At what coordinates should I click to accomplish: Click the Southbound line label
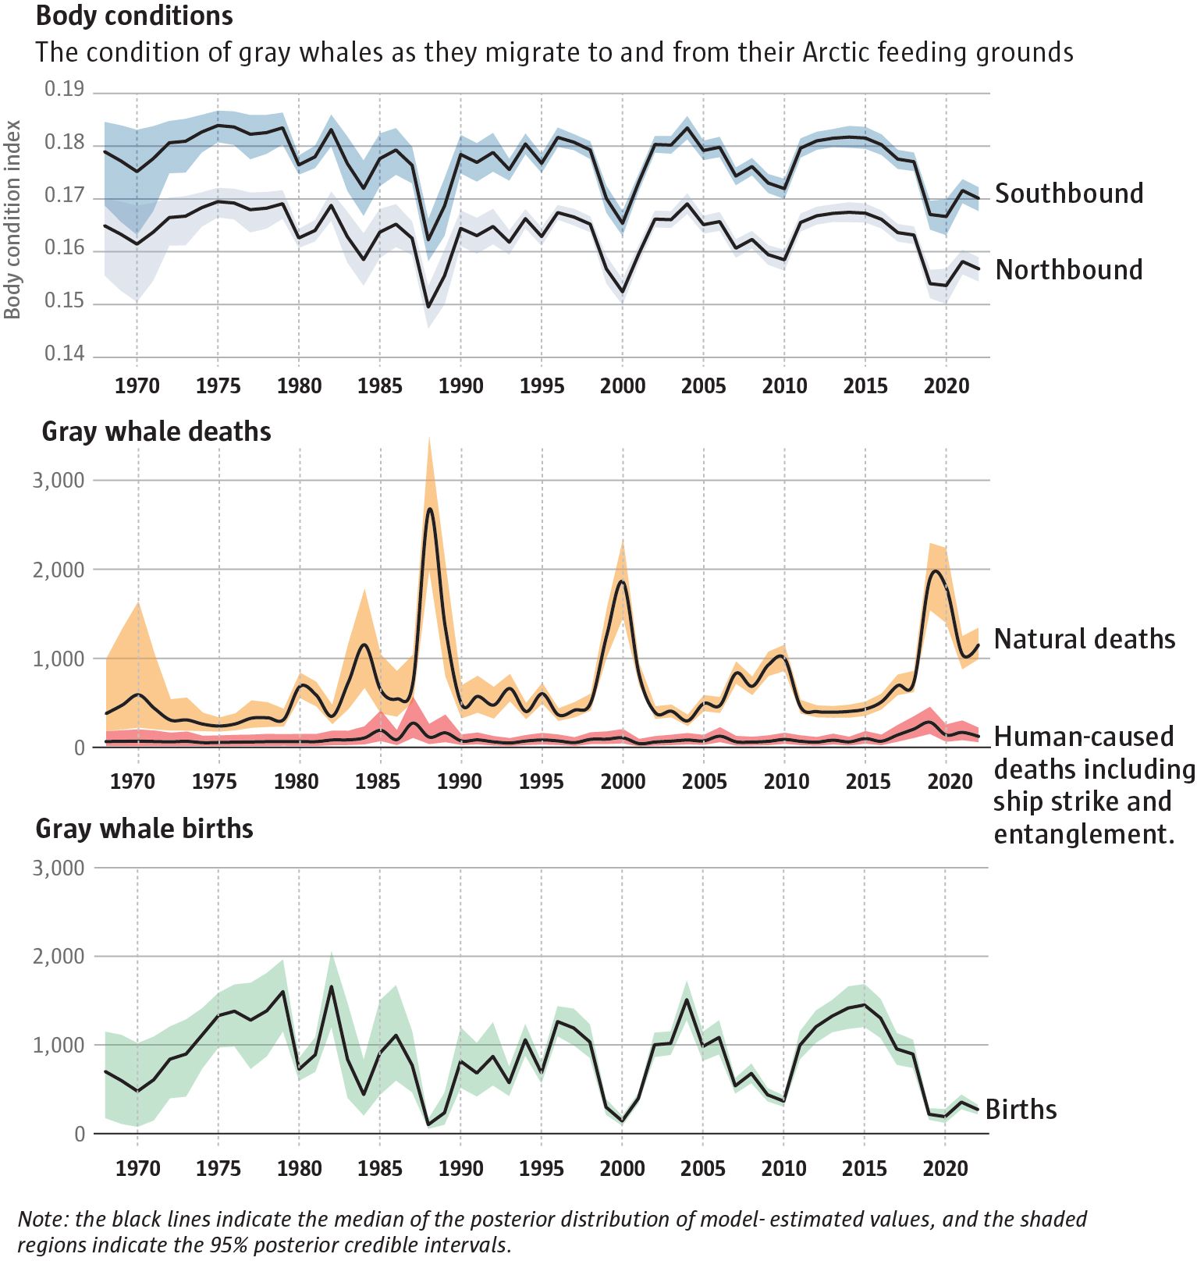1068,194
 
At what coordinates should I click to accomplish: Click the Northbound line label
1068,270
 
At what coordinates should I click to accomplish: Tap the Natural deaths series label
1084,639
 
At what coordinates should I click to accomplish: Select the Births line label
1021,1110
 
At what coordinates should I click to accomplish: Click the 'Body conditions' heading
134,16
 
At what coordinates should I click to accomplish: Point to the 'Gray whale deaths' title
156,432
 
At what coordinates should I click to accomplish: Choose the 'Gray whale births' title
144,829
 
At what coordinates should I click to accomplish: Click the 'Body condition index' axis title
12,220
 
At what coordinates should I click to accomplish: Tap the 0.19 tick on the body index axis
64,90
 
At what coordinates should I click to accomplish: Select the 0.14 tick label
64,354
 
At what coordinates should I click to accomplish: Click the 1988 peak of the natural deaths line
430,509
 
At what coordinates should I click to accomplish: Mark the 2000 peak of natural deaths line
623,581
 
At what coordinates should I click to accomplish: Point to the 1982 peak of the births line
332,987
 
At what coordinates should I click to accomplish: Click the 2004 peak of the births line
687,1000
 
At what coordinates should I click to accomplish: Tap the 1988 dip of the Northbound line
428,307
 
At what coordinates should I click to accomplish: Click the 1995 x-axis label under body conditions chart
542,386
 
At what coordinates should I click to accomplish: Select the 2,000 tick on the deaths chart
58,570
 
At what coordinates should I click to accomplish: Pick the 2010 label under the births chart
783,1169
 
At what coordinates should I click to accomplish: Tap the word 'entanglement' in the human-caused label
1083,834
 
